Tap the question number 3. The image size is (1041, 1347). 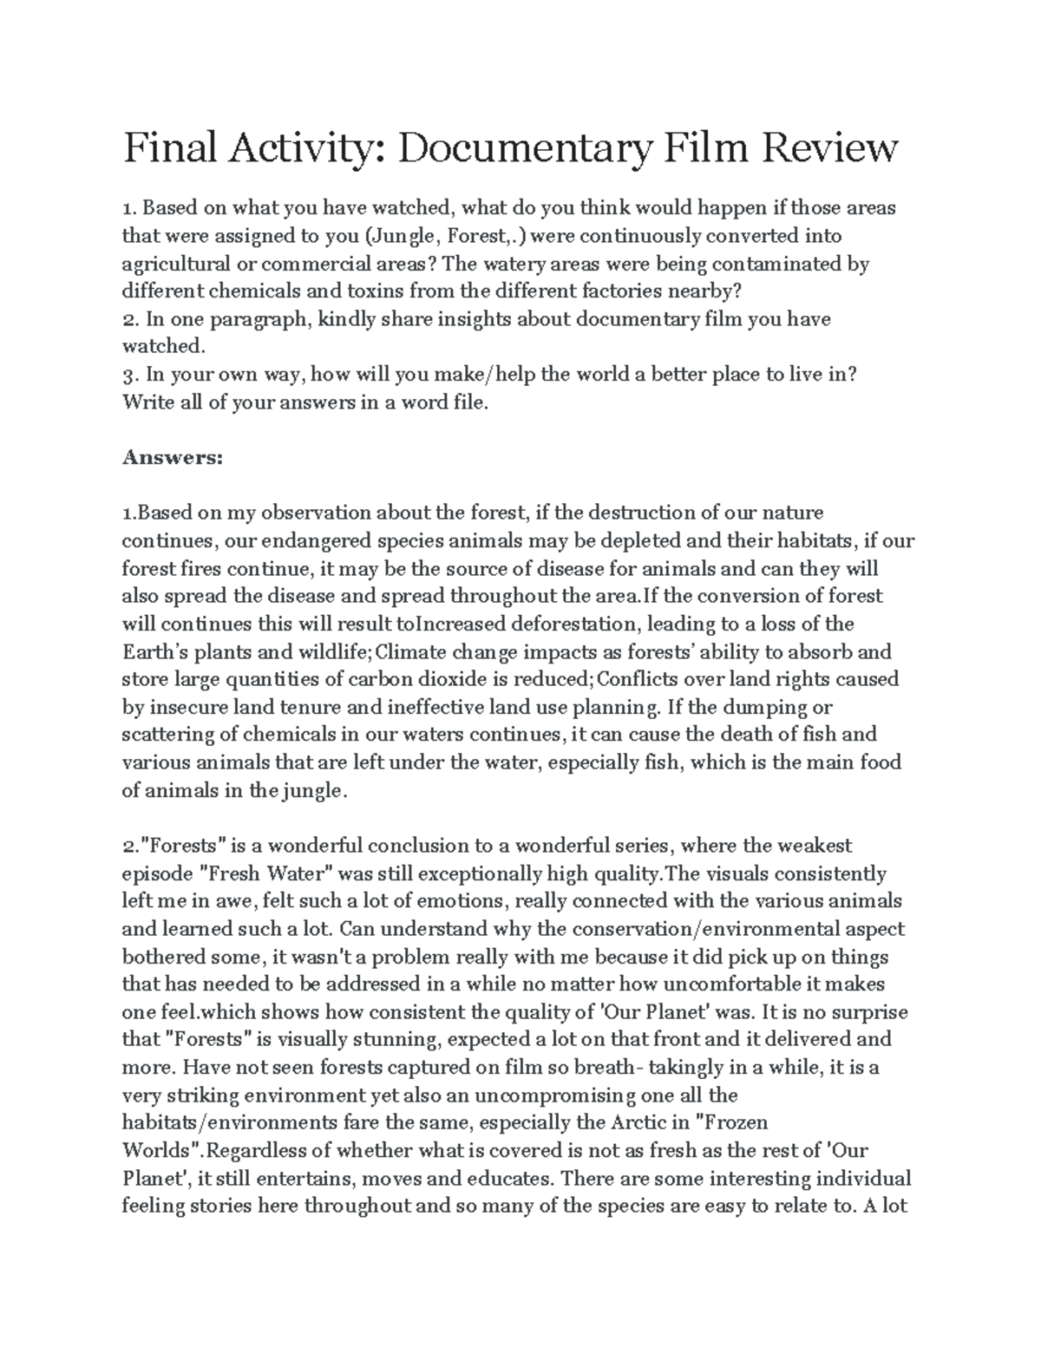(129, 375)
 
